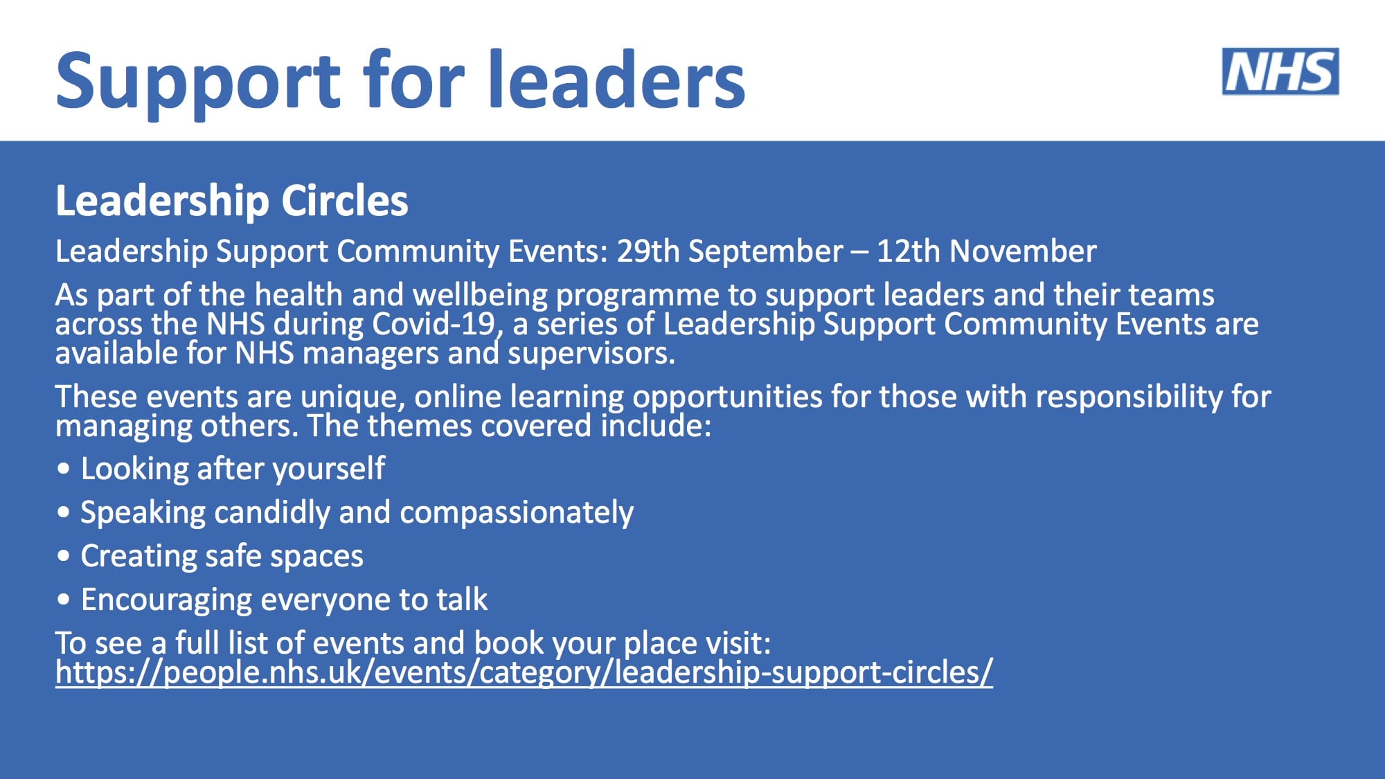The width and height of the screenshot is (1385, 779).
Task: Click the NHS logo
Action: click(1280, 71)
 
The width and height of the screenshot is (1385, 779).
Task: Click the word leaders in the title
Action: click(616, 80)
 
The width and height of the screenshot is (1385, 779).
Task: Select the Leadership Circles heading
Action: click(232, 201)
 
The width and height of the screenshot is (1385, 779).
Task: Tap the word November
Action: click(1023, 251)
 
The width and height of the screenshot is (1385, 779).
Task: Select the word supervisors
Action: click(591, 354)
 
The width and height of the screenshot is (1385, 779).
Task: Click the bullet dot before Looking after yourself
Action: click(64, 469)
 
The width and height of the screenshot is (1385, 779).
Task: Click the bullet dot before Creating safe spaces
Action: click(64, 556)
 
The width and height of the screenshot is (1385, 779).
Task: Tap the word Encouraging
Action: click(166, 600)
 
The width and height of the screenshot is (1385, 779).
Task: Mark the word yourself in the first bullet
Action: click(329, 469)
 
